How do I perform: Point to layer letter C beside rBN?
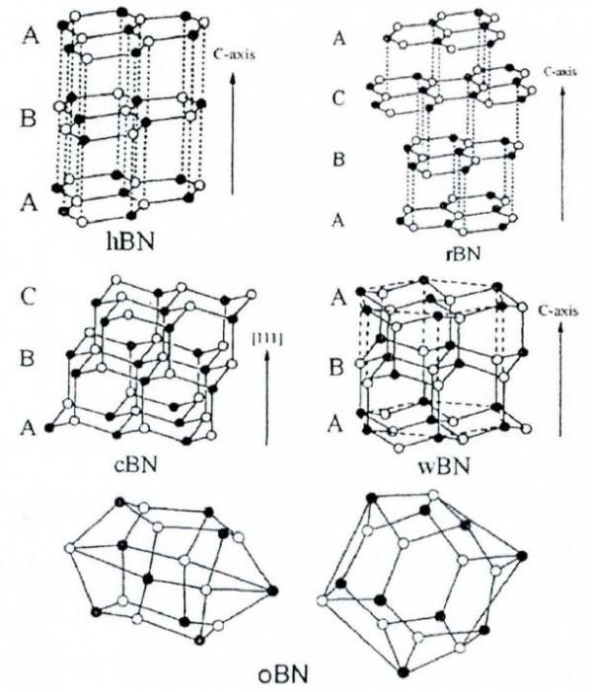pyautogui.click(x=339, y=99)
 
